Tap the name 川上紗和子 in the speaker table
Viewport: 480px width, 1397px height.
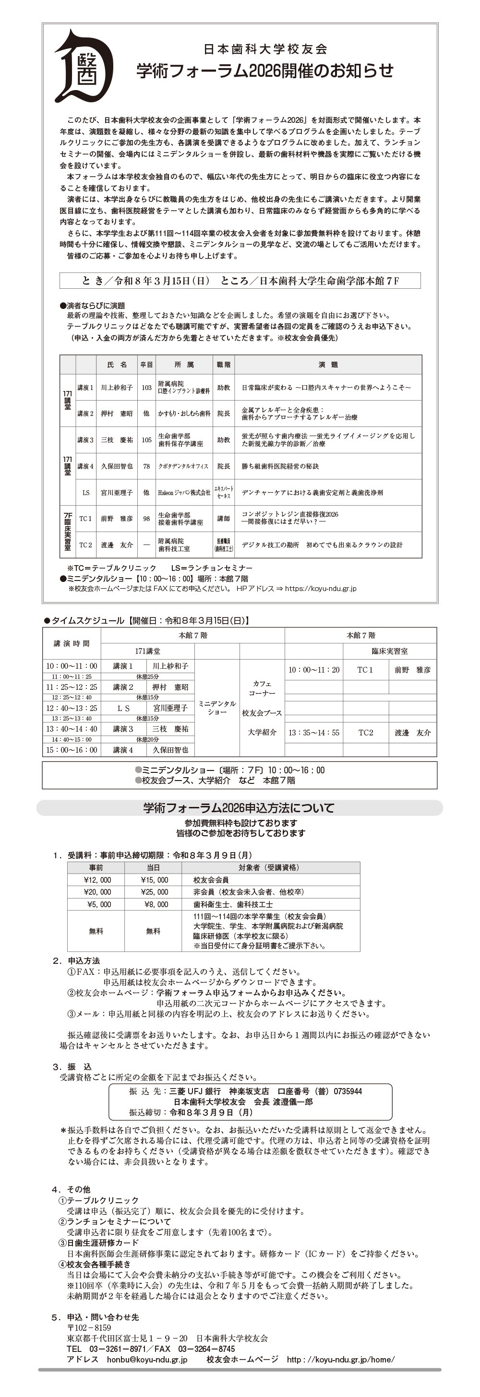click(117, 387)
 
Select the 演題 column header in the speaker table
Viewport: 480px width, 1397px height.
click(328, 365)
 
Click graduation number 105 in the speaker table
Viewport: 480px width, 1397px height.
click(146, 440)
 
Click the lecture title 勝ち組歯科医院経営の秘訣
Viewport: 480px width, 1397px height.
click(280, 466)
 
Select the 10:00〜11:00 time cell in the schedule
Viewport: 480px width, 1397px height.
click(72, 666)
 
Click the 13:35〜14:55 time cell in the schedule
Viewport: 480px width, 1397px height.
click(314, 732)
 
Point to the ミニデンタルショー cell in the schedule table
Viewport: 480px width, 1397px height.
click(217, 707)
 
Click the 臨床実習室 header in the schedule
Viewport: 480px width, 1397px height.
click(389, 651)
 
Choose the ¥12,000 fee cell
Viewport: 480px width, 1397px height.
click(97, 880)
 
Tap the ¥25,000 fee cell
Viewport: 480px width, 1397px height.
click(154, 891)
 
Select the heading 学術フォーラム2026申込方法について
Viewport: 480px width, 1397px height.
click(239, 807)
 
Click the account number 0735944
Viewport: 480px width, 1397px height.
click(348, 1090)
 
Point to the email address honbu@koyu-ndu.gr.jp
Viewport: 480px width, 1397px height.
click(146, 1359)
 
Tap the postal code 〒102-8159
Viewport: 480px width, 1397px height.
click(89, 1327)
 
